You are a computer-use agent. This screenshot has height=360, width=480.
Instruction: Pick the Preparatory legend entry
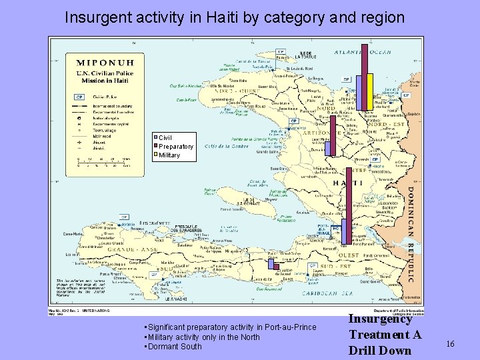click(x=175, y=147)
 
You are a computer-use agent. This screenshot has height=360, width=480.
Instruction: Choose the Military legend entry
click(x=169, y=155)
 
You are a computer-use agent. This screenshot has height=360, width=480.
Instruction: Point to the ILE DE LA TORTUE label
click(x=305, y=55)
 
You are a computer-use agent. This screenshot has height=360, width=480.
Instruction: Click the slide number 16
click(x=450, y=343)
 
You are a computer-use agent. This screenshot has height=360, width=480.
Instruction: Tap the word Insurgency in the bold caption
click(x=380, y=319)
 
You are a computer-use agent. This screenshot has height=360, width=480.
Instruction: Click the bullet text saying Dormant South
click(x=175, y=347)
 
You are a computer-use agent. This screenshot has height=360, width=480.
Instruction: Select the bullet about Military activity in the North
click(x=203, y=337)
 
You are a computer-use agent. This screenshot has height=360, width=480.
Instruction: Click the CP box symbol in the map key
click(x=80, y=95)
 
